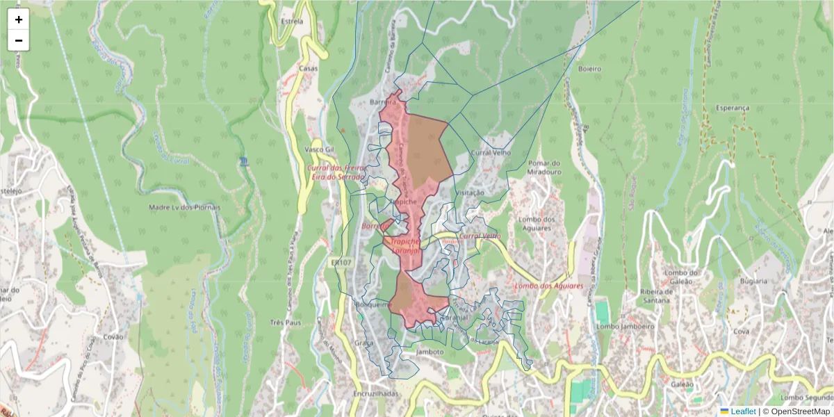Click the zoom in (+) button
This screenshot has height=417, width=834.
click(19, 19)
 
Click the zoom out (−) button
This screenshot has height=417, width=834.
click(19, 40)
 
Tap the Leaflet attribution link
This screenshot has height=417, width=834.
click(742, 411)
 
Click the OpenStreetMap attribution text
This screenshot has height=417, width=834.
click(800, 411)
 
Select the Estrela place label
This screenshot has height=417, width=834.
click(291, 22)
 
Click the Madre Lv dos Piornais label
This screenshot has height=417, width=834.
click(184, 207)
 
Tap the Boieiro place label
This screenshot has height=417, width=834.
click(589, 69)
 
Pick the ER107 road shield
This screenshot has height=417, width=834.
click(341, 263)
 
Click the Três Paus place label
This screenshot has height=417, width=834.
click(285, 322)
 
